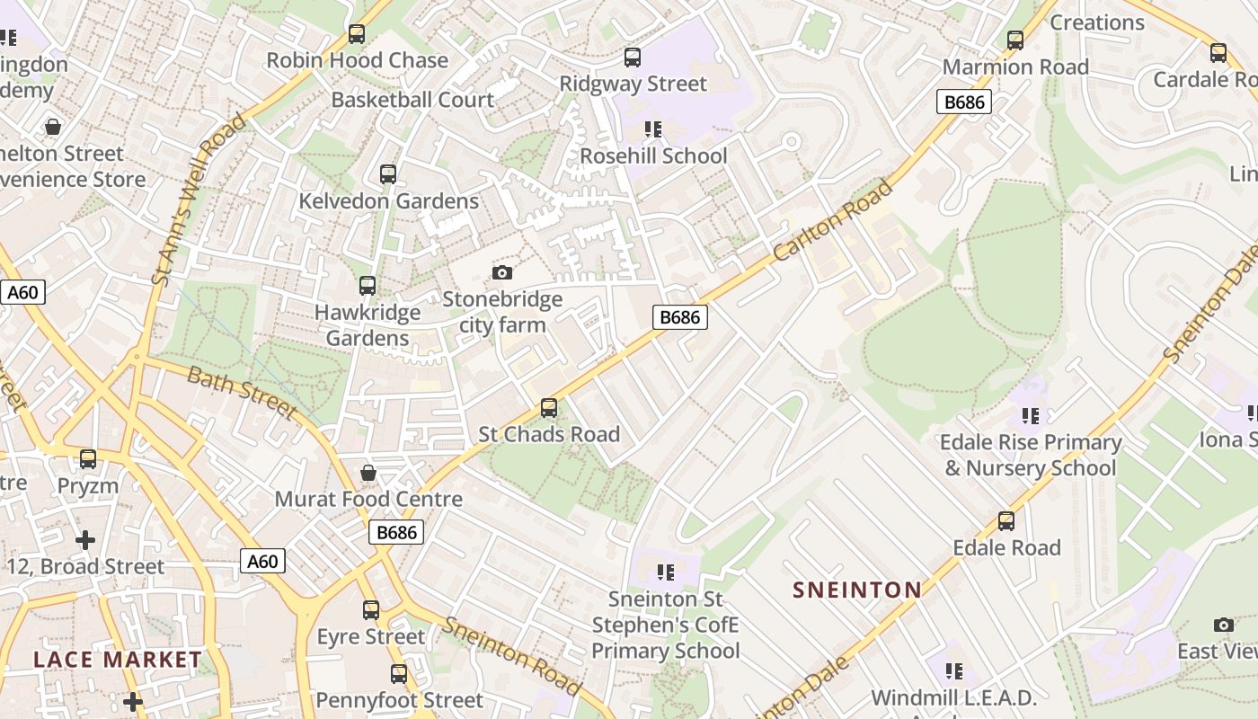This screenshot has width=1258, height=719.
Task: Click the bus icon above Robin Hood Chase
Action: [357, 34]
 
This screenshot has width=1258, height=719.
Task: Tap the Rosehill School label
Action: [653, 155]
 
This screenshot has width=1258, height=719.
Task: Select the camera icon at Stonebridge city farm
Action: [502, 272]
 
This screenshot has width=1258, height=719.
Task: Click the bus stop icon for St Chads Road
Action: [549, 408]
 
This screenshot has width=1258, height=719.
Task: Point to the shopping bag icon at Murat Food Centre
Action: [368, 473]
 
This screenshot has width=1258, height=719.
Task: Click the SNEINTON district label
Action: [856, 590]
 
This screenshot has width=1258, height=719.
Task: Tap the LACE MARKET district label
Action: [118, 660]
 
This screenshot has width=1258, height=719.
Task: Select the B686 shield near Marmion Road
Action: [963, 102]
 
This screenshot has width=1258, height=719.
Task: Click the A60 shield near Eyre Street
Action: [262, 562]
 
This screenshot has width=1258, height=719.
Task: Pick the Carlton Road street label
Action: [833, 221]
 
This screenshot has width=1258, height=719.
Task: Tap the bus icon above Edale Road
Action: [1006, 521]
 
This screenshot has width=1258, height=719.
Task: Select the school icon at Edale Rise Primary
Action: [1030, 416]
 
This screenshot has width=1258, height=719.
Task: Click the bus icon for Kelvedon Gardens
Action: [388, 174]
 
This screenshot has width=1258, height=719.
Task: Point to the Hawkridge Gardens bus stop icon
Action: [368, 286]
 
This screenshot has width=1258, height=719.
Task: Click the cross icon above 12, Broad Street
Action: [85, 540]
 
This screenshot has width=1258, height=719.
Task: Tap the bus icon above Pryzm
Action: [88, 459]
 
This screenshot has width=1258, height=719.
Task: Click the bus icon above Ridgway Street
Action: [633, 58]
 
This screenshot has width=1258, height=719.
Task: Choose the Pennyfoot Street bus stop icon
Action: [399, 673]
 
